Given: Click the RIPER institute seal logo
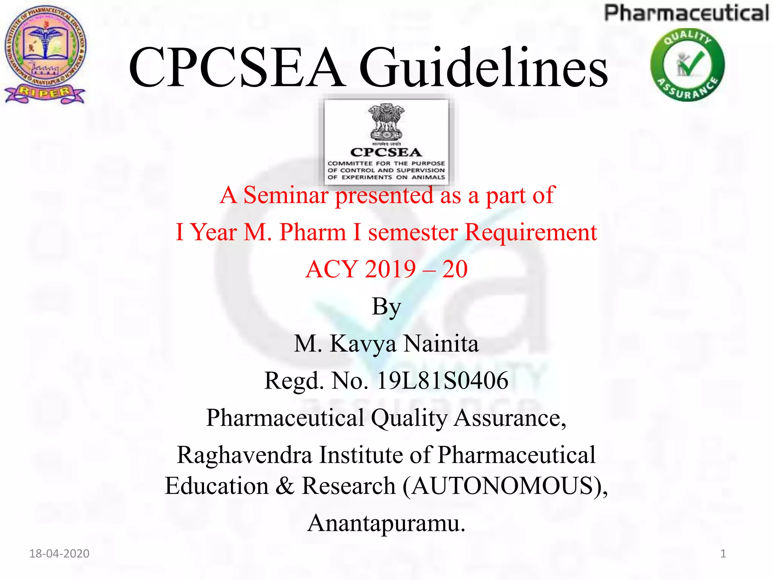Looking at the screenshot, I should [x=45, y=55].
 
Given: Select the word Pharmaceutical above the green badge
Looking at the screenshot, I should [x=686, y=13].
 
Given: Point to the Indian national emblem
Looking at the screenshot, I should [x=386, y=122].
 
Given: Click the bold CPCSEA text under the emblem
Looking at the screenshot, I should [x=386, y=152].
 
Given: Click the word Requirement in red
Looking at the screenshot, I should [x=531, y=232].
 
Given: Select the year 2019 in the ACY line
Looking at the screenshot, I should [x=390, y=269].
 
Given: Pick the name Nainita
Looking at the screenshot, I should [x=441, y=344].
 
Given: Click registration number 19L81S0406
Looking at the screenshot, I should [x=442, y=380].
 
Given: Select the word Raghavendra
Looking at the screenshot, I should [x=245, y=455].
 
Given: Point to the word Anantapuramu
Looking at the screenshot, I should [x=386, y=523].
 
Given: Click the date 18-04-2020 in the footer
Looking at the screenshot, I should [x=59, y=554].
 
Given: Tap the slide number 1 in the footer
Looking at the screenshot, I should [x=723, y=554].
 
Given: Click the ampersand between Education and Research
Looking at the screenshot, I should [x=285, y=486].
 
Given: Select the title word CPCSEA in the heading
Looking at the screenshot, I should [x=237, y=68].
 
